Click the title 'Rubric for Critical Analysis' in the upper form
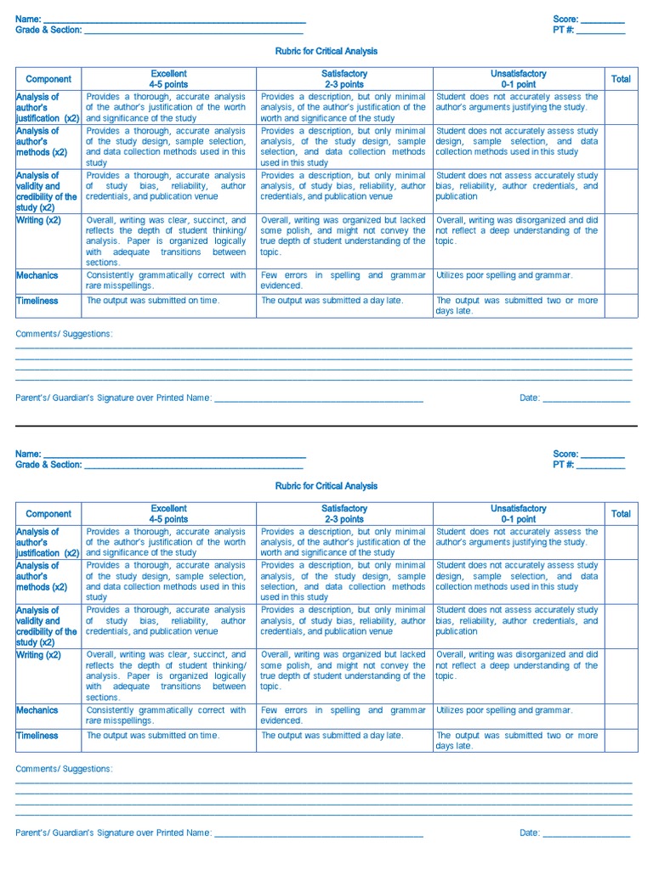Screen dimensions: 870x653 326,51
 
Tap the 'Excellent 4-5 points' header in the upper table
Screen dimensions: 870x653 168,79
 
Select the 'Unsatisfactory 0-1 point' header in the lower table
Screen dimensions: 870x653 519,514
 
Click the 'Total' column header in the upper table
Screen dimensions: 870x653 621,79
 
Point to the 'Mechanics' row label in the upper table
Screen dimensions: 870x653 37,275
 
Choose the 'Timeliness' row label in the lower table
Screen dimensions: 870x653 37,736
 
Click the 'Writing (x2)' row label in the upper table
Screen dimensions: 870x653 38,220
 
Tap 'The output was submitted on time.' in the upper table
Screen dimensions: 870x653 153,301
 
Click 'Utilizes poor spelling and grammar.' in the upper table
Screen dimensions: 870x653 504,275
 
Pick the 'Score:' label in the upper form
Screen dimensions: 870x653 565,19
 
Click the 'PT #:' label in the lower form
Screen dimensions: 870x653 564,465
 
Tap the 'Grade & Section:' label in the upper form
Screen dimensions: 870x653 48,30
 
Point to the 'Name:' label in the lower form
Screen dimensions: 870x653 28,454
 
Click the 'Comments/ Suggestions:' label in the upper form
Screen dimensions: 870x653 64,334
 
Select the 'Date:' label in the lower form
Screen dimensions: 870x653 530,833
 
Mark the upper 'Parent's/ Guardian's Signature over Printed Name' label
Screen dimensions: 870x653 113,398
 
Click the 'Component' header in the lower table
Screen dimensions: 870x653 48,514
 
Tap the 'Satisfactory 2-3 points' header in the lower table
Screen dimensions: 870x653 344,514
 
